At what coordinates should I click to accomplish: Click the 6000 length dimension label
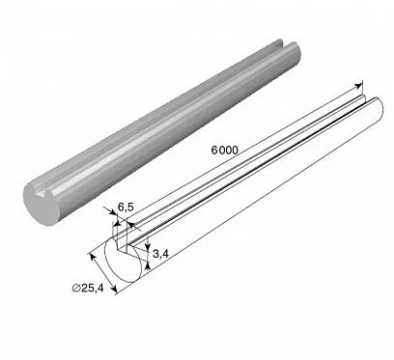pos(225,150)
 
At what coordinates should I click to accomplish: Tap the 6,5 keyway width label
pos(126,208)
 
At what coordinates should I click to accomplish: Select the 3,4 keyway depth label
pos(160,254)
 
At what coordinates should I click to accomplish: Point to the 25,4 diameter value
pos(93,288)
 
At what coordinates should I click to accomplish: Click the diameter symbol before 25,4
pos(76,288)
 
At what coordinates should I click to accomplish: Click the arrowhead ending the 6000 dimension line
pos(358,86)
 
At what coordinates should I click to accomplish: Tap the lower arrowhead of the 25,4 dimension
pos(114,289)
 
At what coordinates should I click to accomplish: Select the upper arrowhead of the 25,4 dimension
pos(93,258)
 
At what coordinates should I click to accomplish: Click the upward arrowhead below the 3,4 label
pos(148,265)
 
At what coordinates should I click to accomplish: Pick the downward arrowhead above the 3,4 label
pos(148,246)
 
